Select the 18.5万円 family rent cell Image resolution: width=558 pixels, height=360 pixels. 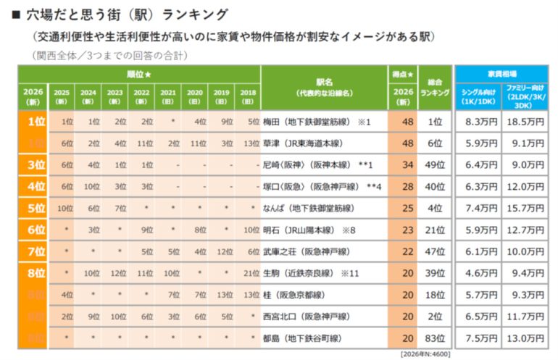525,122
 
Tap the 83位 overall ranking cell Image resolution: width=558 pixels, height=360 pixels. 435,338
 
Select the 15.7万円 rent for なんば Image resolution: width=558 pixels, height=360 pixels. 525,208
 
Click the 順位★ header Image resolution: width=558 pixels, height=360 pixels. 138,74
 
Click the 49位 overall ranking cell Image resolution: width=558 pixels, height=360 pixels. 435,165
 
